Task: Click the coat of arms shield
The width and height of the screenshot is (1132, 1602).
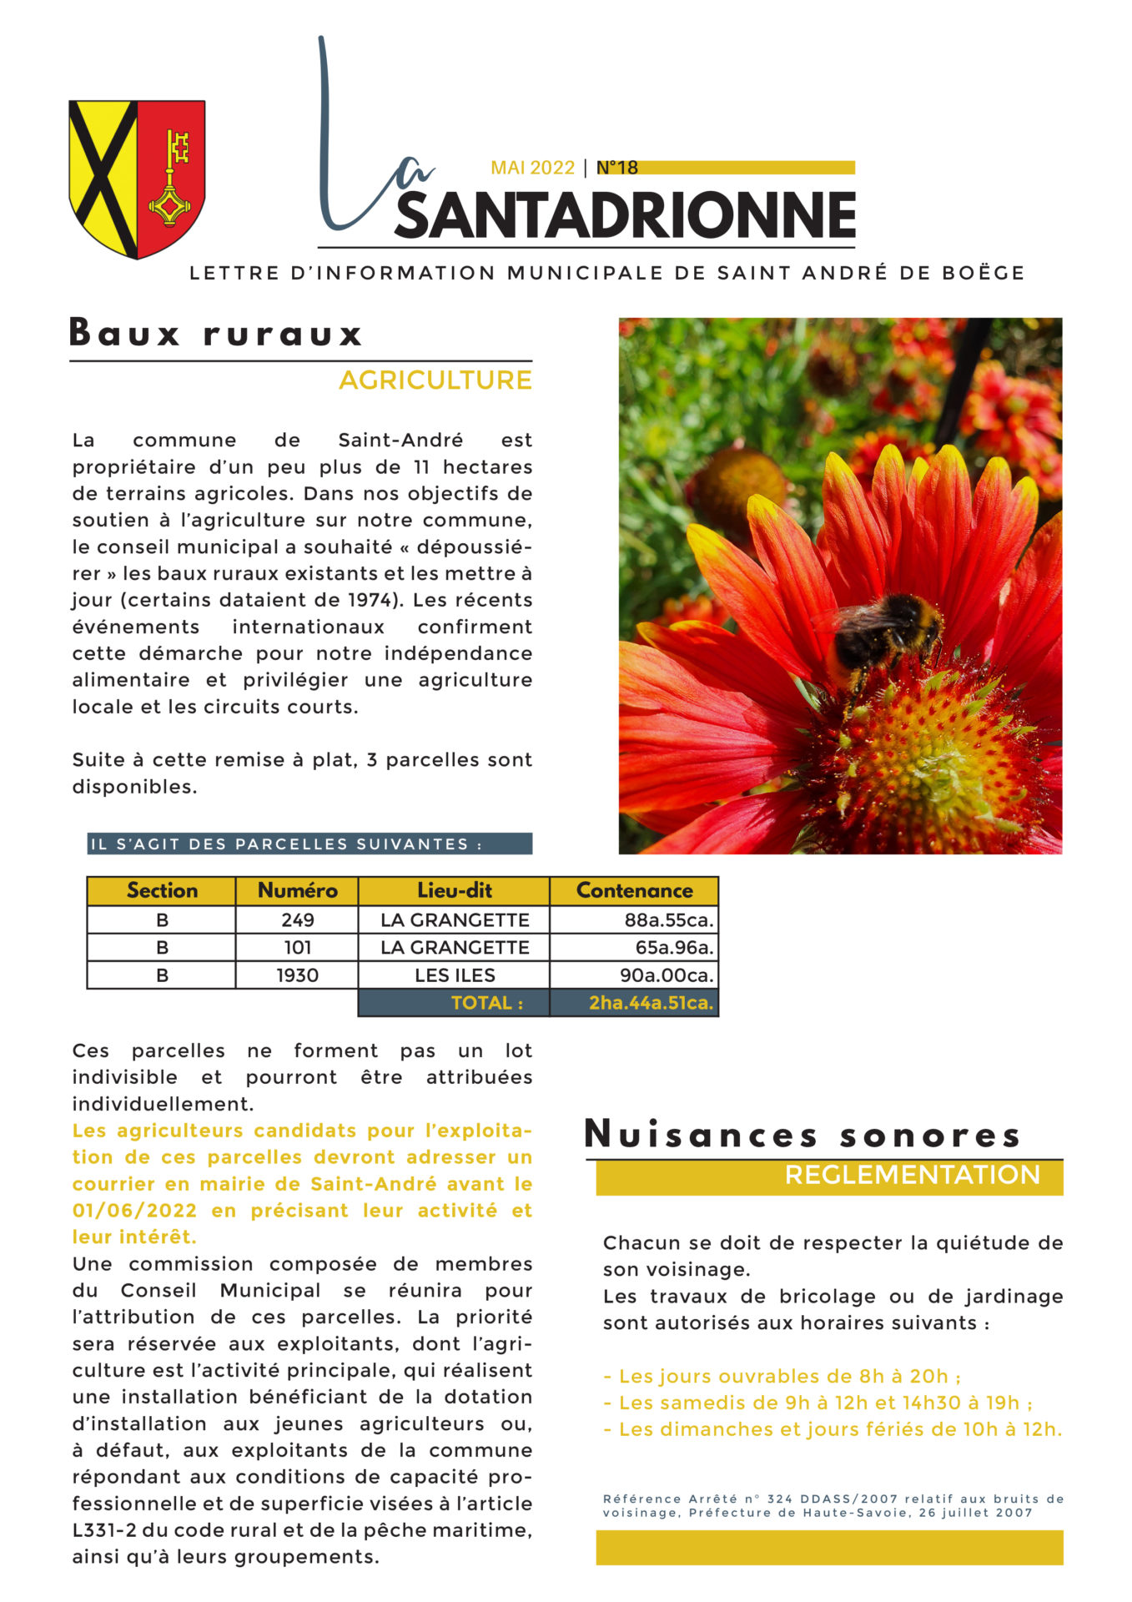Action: point(137,178)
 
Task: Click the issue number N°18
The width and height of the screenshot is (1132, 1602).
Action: point(617,168)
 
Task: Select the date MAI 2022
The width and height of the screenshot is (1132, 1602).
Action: point(532,168)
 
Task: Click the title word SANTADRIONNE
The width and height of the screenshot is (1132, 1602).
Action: point(625,215)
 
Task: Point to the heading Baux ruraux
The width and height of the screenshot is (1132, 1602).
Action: point(216,333)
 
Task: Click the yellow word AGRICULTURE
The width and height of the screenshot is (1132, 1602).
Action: point(435,380)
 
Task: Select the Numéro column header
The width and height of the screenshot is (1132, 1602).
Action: point(297,891)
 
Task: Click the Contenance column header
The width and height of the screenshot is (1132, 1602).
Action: point(634,891)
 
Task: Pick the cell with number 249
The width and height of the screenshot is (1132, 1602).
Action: point(297,920)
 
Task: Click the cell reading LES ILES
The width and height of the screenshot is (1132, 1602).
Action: point(455,975)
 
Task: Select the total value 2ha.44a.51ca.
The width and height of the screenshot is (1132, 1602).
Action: point(651,1003)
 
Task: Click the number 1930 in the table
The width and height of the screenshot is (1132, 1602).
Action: point(297,975)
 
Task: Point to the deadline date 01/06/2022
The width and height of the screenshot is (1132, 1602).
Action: point(134,1211)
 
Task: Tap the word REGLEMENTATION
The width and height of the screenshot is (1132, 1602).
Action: point(912,1175)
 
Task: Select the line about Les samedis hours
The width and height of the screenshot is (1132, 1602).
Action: point(818,1403)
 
